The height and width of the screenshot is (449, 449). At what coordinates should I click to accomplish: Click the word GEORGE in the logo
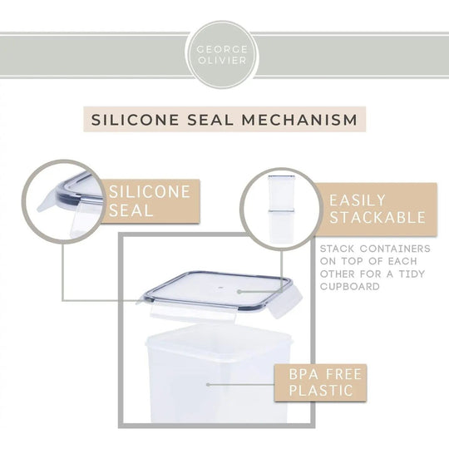222,49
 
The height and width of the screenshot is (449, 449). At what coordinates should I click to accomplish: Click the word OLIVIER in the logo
222,61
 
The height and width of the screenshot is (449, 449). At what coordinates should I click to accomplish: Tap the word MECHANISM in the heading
299,120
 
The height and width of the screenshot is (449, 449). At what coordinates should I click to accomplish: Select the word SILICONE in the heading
135,120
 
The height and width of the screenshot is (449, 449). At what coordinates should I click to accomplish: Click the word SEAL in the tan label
131,210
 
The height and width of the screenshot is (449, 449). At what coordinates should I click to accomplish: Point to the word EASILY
358,200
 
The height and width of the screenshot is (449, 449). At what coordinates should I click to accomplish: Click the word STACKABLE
377,217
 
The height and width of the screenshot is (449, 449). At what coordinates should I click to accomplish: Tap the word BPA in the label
303,374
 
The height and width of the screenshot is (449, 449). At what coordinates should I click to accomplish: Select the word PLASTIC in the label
321,391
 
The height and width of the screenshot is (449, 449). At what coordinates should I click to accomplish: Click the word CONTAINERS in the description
395,249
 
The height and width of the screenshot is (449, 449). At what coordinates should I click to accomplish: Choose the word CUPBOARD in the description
349,286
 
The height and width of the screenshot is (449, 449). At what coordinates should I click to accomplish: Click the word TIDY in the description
412,274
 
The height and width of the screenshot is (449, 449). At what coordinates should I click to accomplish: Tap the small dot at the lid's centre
220,287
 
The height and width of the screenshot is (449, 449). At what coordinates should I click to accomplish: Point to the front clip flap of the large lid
193,312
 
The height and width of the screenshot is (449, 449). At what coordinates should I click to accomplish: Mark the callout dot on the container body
208,385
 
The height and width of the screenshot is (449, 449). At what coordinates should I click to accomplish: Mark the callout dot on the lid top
239,292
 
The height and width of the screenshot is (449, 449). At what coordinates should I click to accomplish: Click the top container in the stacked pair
281,191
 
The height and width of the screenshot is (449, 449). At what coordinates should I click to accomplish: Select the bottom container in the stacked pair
281,226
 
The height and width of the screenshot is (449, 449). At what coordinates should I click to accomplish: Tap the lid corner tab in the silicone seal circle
47,202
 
